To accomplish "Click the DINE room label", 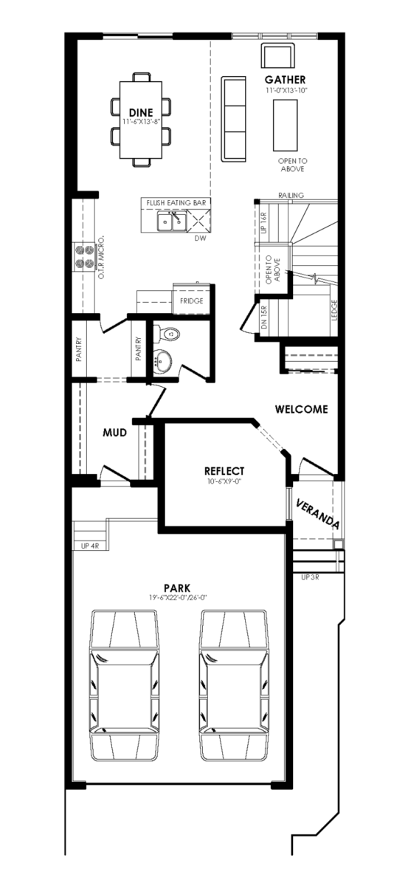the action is click(x=141, y=113).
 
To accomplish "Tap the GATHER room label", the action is click(x=285, y=80).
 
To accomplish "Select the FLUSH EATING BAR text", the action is click(x=176, y=203).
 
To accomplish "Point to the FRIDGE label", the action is click(x=192, y=301).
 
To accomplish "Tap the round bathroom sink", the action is click(x=162, y=362).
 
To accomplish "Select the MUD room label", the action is click(x=115, y=433).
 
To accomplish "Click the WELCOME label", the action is click(x=302, y=409).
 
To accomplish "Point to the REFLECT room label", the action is click(x=224, y=471).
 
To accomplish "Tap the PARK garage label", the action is click(x=178, y=588).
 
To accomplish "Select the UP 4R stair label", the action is click(x=90, y=546).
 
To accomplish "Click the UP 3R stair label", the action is click(x=310, y=577).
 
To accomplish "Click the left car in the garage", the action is click(x=124, y=685).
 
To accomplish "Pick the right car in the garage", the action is click(x=233, y=685).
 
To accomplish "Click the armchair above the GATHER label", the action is click(x=278, y=56).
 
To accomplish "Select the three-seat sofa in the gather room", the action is click(x=233, y=119).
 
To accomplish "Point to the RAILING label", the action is click(x=291, y=196).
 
